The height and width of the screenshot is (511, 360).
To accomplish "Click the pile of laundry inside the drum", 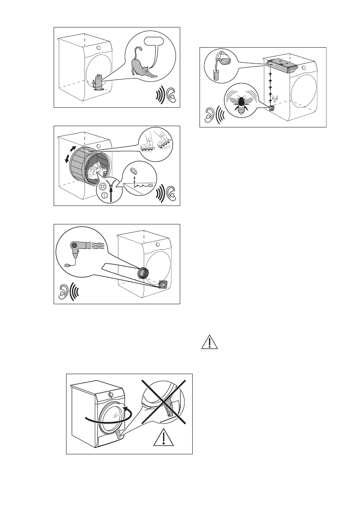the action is [x=94, y=174].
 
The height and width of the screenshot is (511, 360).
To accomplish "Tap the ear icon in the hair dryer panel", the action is [x=62, y=293].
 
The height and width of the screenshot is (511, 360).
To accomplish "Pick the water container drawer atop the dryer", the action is [x=283, y=64].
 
